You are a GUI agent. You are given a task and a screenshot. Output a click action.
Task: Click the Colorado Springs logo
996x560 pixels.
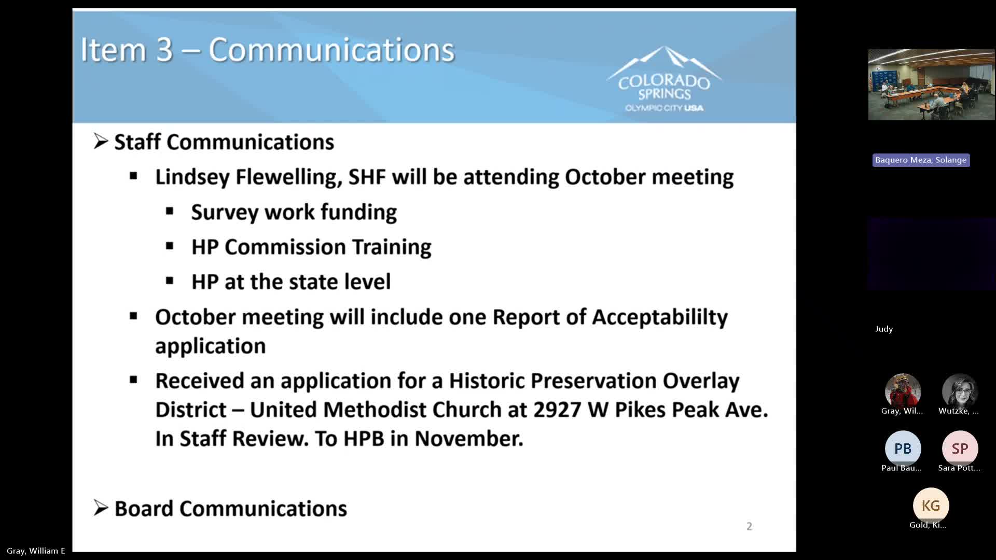[x=664, y=80]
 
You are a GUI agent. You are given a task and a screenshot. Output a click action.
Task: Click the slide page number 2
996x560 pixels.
[x=749, y=526]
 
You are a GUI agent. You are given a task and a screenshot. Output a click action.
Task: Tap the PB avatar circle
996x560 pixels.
[x=903, y=449]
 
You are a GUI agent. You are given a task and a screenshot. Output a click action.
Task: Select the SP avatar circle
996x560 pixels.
[x=960, y=449]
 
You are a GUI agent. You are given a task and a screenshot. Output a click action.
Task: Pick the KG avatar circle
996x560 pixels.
[x=931, y=506]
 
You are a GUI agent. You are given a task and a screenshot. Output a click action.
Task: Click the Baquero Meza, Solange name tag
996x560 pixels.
[x=921, y=160]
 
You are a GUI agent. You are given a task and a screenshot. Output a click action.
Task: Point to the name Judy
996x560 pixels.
[x=884, y=329]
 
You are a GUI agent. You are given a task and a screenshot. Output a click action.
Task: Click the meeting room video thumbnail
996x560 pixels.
[x=931, y=85]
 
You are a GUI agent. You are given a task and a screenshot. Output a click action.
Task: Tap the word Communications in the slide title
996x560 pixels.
[x=331, y=50]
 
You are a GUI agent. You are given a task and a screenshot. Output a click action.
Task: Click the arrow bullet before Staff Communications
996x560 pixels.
[x=101, y=142]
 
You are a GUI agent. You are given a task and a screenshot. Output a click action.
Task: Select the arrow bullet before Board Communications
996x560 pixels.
[x=101, y=508]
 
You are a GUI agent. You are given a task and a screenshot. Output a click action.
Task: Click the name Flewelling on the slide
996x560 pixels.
[x=288, y=177]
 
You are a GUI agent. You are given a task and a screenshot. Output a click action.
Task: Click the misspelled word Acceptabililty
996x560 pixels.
[x=660, y=317]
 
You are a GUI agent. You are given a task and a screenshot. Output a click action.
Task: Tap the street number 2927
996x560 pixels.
[x=557, y=410]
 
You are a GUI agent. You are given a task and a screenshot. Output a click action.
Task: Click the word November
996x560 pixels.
[x=468, y=439]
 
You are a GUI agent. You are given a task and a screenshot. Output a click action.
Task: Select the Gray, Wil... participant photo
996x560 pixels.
[x=903, y=390]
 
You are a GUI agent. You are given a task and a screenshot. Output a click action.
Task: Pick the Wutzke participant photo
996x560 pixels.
[x=960, y=390]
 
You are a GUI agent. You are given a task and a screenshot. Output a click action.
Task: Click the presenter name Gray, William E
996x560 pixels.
[x=36, y=551]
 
